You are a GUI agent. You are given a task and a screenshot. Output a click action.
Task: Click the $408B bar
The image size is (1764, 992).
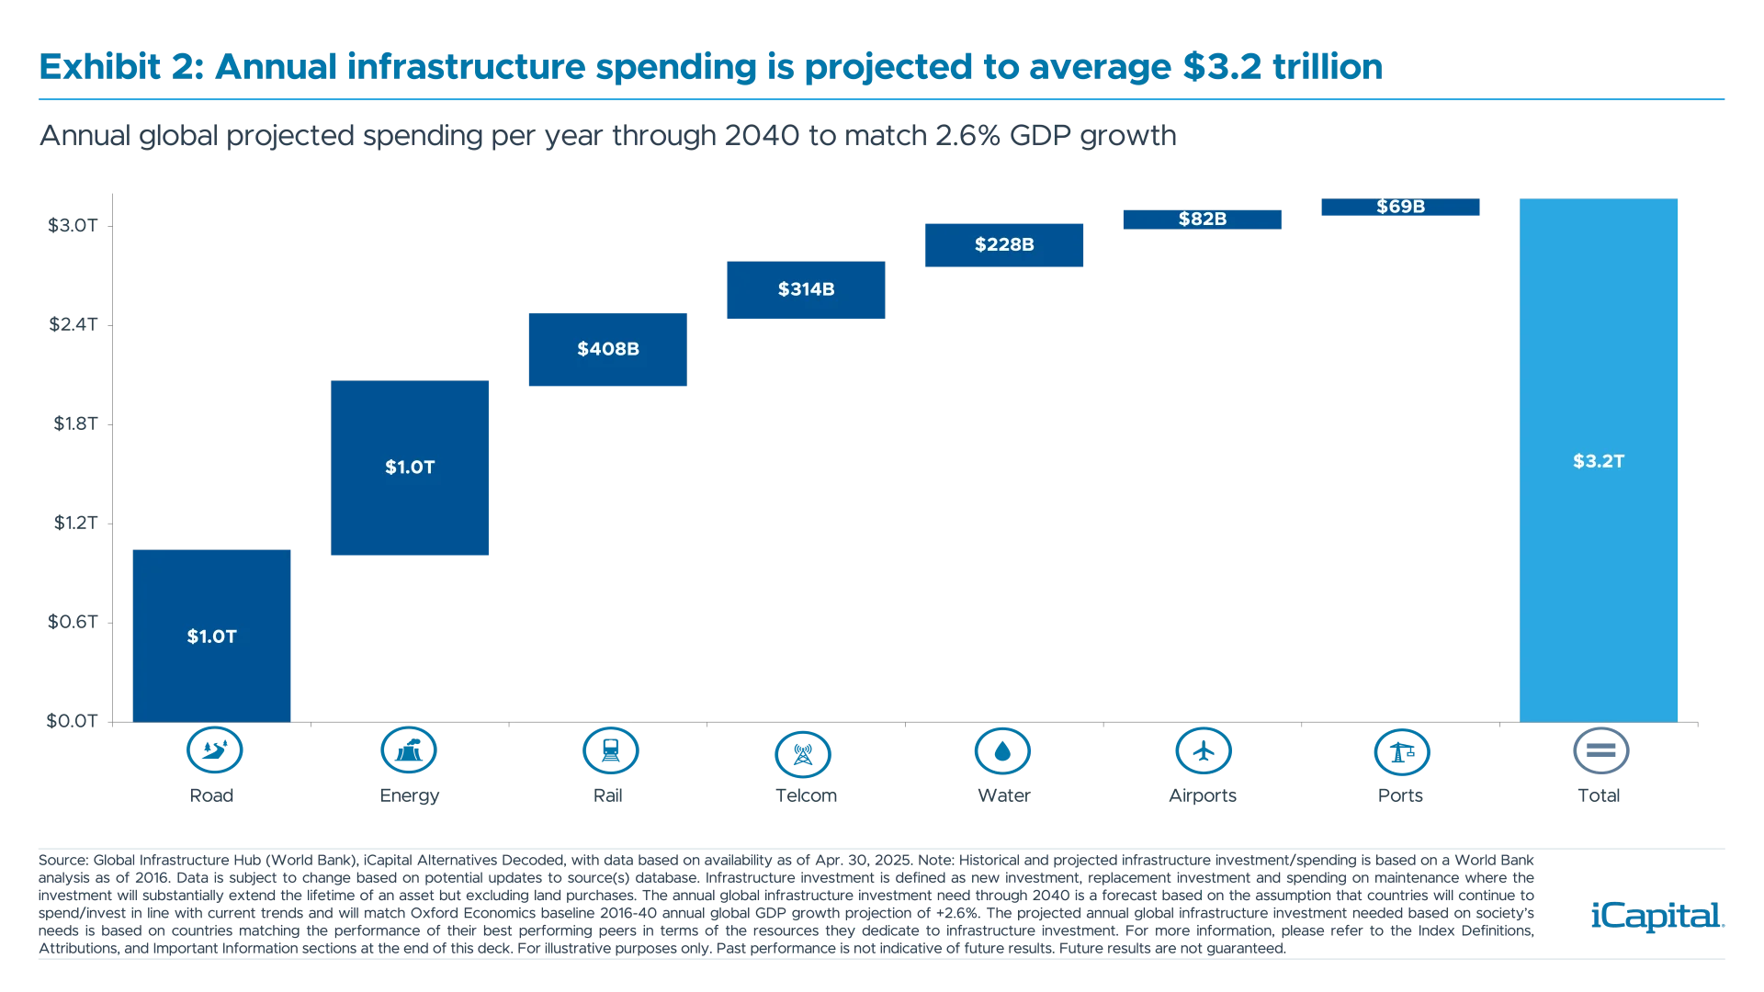click(606, 349)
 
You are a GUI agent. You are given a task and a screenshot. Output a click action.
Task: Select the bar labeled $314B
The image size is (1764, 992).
click(805, 289)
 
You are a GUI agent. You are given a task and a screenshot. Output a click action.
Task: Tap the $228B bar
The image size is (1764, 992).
click(1003, 245)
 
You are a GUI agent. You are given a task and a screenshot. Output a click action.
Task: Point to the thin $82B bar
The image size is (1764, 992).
click(1202, 220)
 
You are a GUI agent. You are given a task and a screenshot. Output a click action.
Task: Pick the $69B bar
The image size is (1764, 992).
click(1400, 209)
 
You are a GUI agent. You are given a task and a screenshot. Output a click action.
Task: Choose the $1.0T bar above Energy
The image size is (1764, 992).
click(411, 467)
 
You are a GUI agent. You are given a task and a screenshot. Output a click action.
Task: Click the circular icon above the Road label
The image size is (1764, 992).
click(212, 751)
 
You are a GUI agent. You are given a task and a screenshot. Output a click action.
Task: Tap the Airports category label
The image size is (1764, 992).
click(1204, 796)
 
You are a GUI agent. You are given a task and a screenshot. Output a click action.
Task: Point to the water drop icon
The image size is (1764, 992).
click(1003, 751)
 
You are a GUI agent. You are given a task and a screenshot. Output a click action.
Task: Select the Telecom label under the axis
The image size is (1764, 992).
click(807, 796)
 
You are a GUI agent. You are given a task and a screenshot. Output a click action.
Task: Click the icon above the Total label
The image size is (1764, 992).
click(1600, 751)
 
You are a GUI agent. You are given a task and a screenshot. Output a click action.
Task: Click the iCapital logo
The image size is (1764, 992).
click(1656, 916)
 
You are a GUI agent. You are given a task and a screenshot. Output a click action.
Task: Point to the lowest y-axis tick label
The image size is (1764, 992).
click(71, 721)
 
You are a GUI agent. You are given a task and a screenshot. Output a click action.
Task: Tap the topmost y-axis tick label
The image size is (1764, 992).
click(71, 225)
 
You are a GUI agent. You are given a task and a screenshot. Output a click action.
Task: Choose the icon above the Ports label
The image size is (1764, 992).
click(1401, 751)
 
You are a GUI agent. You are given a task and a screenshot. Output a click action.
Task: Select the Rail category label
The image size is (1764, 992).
click(606, 796)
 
